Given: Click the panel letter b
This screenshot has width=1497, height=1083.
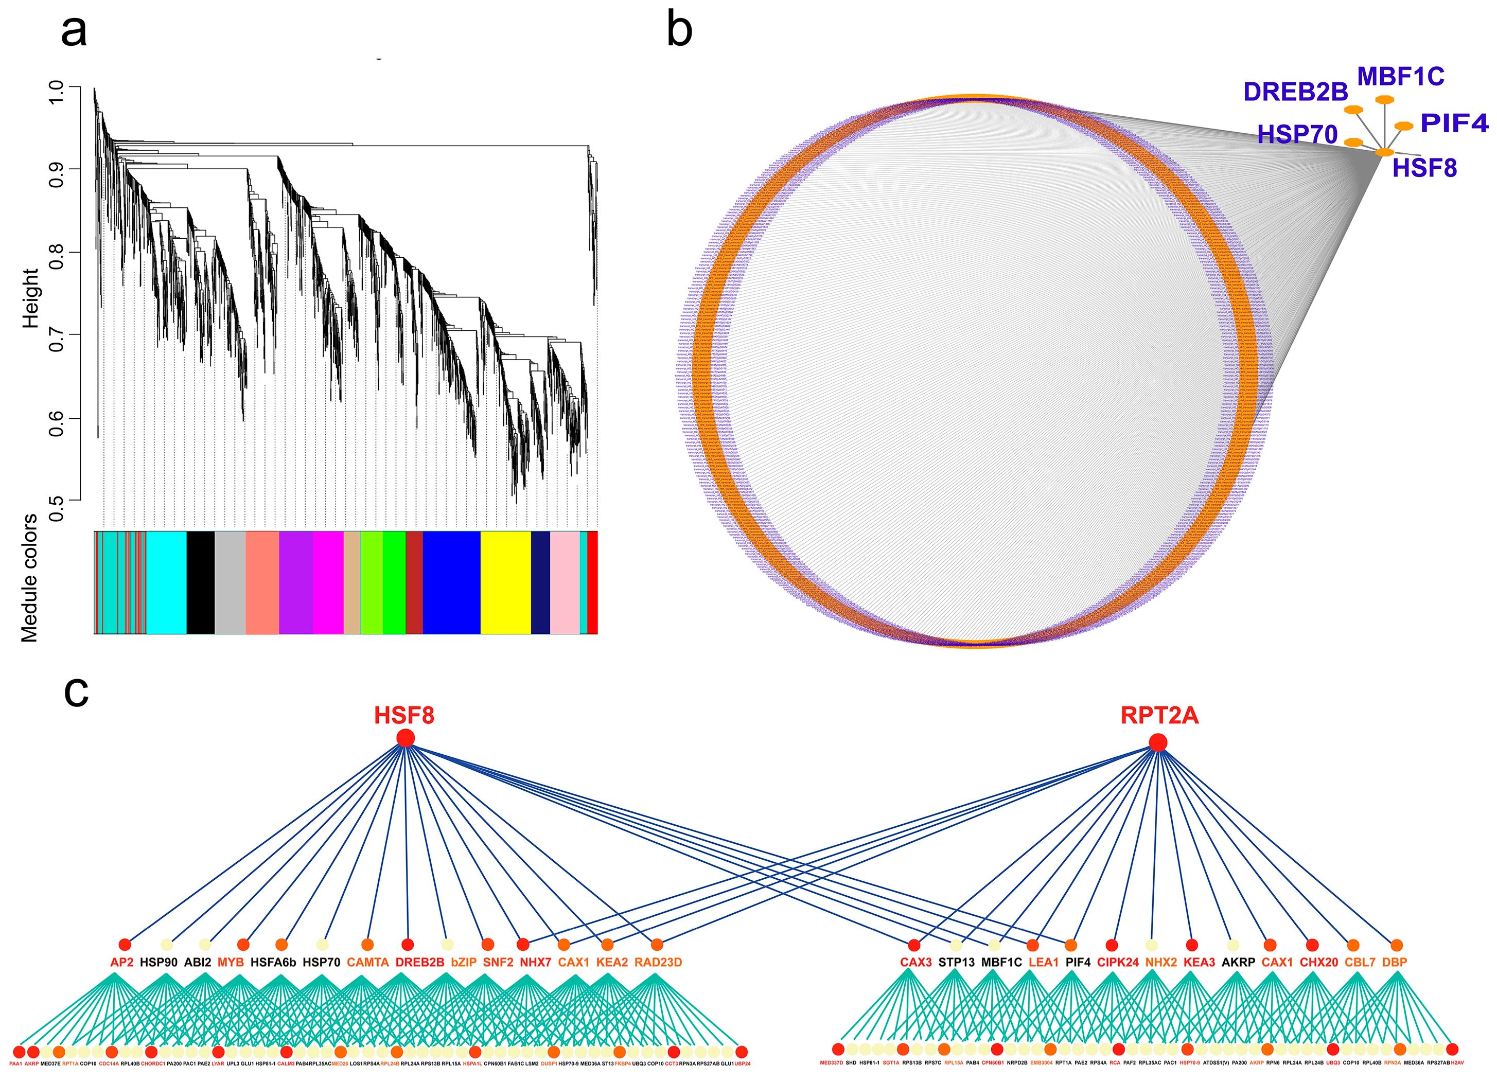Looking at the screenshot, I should coord(680,30).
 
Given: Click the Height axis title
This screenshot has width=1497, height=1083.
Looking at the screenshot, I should coord(30,298).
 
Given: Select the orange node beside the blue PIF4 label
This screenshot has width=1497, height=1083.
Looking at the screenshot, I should coord(1403,126).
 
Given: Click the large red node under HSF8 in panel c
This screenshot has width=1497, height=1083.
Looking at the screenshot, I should coord(406,738).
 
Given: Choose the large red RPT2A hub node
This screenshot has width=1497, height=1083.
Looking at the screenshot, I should coord(1158,743).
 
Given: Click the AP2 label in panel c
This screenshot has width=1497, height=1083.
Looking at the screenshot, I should coord(121,962).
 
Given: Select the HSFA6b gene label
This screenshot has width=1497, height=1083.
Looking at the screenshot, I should coord(273,962).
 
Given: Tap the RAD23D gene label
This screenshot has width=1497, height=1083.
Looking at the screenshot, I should coord(658,962).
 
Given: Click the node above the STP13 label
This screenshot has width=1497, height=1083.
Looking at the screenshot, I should coord(955,946).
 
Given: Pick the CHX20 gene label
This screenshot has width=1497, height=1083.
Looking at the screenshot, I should coord(1319,962).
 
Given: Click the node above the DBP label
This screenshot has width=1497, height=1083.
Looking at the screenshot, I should coord(1397,946).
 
